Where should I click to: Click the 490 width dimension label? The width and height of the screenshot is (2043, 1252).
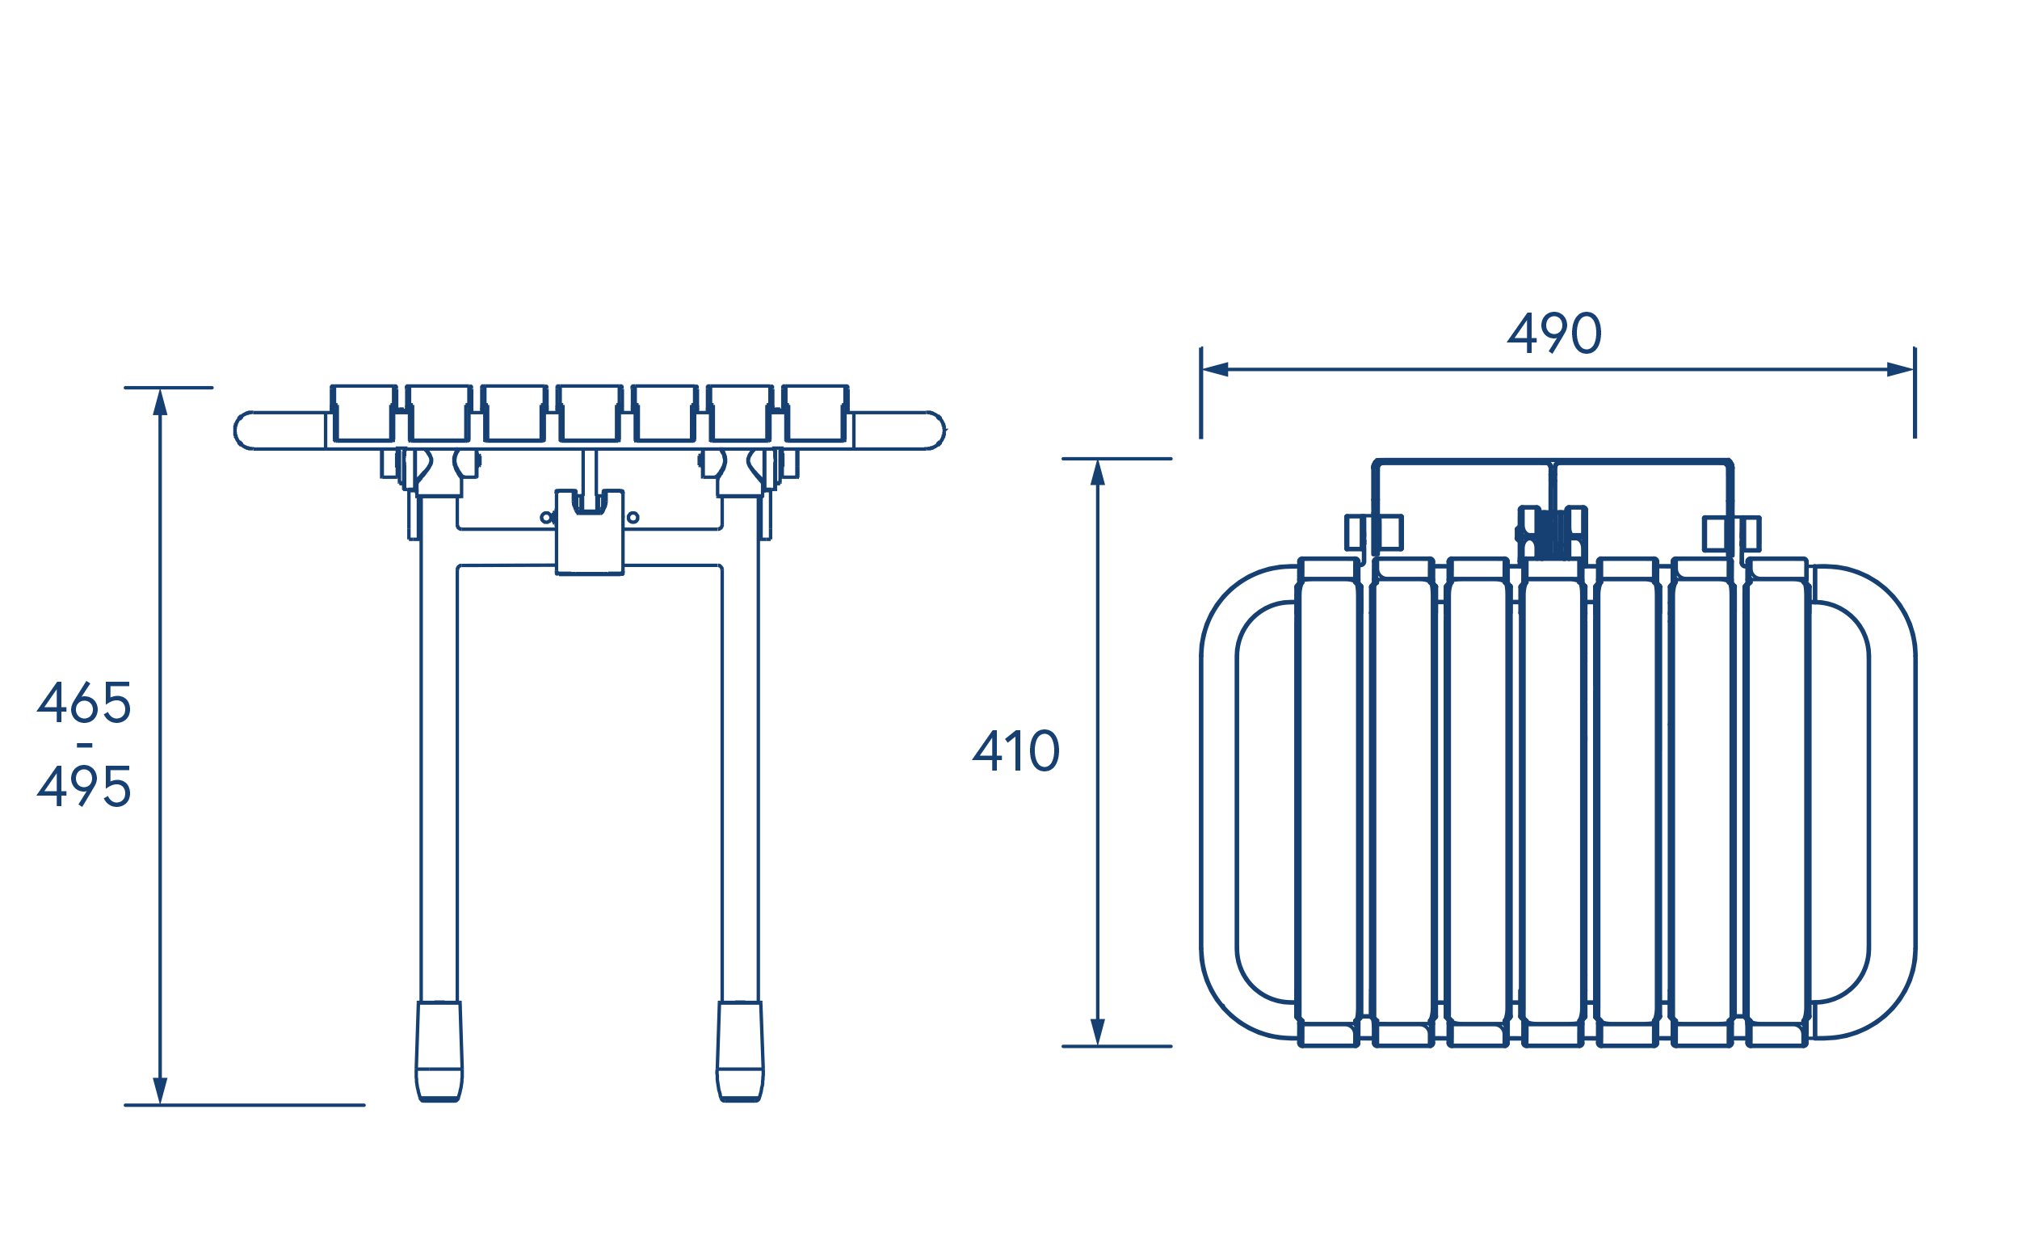(x=1553, y=334)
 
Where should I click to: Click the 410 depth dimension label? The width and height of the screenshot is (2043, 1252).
(x=1015, y=750)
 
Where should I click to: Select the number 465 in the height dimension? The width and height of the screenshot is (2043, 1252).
(x=84, y=702)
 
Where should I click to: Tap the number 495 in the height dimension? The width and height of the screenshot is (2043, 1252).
(x=84, y=785)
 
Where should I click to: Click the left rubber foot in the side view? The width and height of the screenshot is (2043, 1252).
(x=439, y=1052)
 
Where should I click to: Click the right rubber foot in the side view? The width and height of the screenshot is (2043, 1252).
(x=740, y=1052)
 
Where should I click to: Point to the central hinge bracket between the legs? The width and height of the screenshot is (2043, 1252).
(x=590, y=531)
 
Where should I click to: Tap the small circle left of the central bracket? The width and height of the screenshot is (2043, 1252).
(x=545, y=518)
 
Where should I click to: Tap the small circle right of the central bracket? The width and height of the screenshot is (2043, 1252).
(x=633, y=518)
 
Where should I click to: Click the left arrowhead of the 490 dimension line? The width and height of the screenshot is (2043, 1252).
(x=1215, y=369)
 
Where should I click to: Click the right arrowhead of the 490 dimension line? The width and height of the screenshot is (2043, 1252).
(x=1900, y=369)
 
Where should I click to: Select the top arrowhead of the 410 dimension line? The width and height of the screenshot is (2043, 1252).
(x=1098, y=473)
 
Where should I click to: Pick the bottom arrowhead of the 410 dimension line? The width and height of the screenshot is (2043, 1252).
(x=1098, y=1032)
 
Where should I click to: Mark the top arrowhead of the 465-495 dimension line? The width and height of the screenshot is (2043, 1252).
(x=160, y=402)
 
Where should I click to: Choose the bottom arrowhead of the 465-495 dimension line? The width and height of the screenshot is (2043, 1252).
(x=160, y=1091)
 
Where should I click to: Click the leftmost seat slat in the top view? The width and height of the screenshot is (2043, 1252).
(x=1328, y=803)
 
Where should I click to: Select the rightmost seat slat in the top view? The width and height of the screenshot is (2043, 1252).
(x=1777, y=803)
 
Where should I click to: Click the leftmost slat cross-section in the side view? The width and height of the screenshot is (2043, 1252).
(x=364, y=413)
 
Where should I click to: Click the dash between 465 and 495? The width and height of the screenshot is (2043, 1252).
(x=85, y=746)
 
